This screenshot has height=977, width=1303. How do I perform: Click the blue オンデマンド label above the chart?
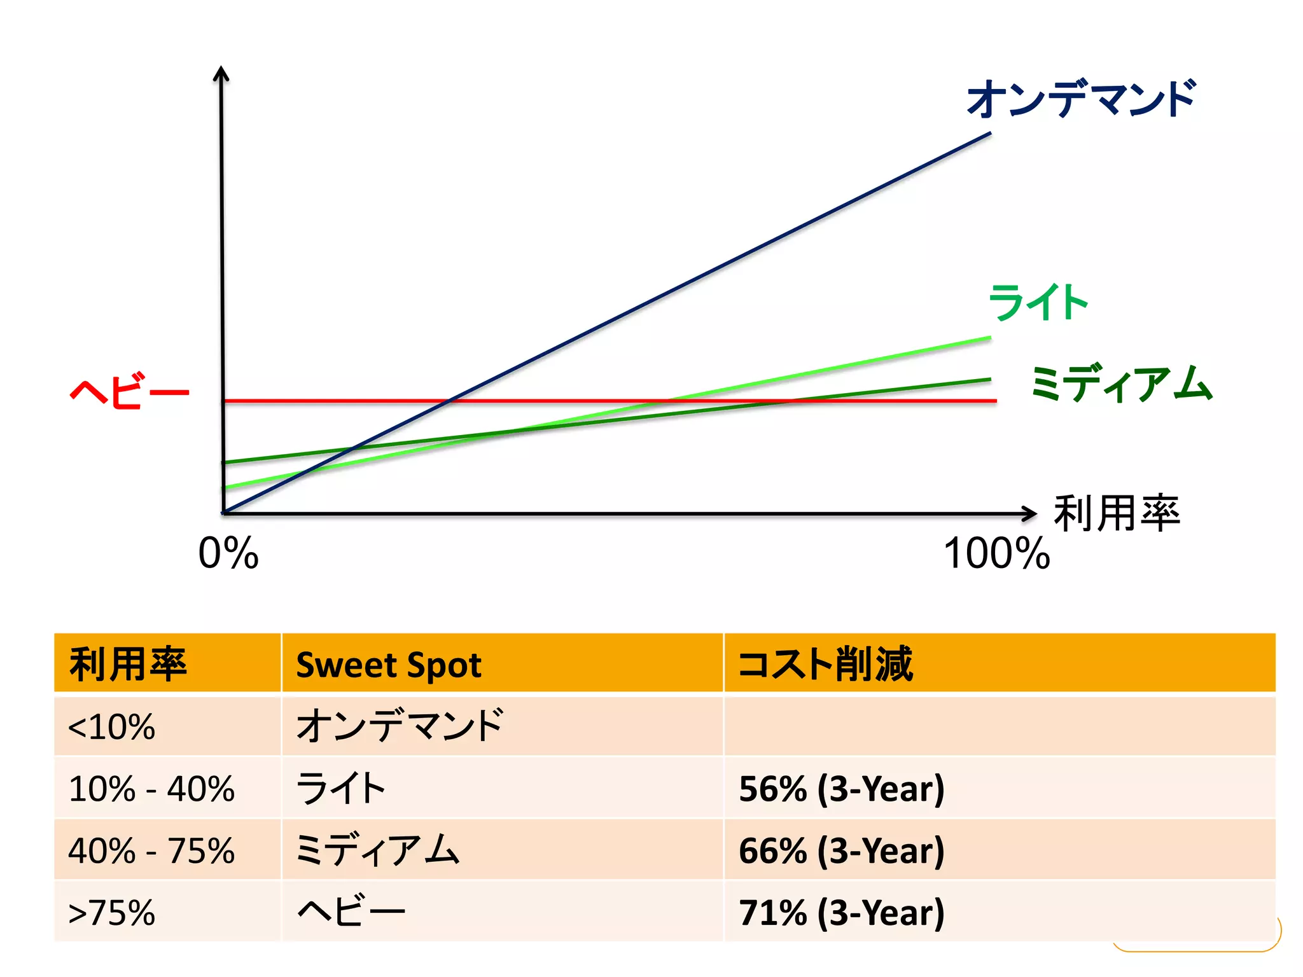[x=1081, y=99]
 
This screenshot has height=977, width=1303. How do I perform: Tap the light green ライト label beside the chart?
[x=1038, y=302]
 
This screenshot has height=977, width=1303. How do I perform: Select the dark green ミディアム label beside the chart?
[x=1122, y=384]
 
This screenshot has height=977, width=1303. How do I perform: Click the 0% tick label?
[x=228, y=553]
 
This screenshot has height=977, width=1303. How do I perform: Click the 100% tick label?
[x=996, y=553]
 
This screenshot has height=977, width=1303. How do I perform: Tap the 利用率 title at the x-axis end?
[x=1117, y=513]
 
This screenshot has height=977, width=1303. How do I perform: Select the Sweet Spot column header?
[x=389, y=665]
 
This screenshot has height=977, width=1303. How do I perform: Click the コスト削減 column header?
[x=826, y=664]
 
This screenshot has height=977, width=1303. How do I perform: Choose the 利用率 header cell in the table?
[x=128, y=664]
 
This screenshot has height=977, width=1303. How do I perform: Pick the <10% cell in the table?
[x=112, y=726]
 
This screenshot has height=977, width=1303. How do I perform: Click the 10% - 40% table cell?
[x=151, y=789]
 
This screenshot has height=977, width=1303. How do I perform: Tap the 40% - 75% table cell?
[x=151, y=850]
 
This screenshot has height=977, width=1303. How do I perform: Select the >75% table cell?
[x=112, y=912]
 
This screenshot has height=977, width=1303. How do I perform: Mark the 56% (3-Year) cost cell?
[x=842, y=789]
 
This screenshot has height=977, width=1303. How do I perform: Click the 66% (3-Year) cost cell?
[x=842, y=850]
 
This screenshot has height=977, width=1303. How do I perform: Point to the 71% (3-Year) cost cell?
[x=842, y=912]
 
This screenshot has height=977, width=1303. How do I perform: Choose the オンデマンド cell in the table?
[x=400, y=726]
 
